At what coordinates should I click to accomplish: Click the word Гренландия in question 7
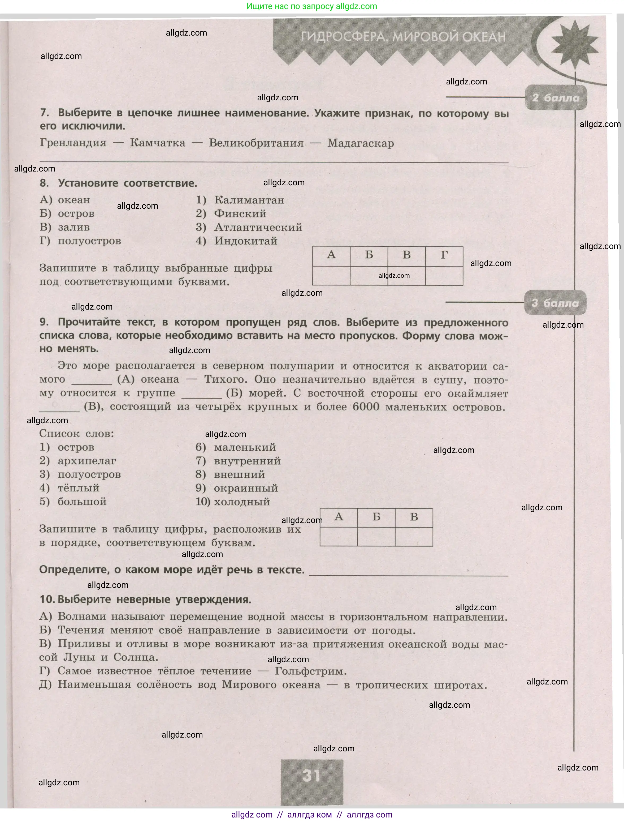[73, 143]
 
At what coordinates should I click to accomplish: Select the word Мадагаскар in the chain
[360, 143]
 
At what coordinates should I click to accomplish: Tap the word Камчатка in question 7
[158, 143]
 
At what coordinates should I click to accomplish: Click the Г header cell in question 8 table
[444, 255]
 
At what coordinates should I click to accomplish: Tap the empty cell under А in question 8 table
[331, 275]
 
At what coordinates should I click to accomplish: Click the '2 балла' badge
[555, 98]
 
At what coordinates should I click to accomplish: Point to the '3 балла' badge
[555, 303]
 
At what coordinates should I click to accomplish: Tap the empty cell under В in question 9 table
[414, 536]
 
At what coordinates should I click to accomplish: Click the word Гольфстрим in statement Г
[310, 671]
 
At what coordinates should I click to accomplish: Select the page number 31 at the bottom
[311, 776]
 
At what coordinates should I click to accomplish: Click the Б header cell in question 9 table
[376, 517]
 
